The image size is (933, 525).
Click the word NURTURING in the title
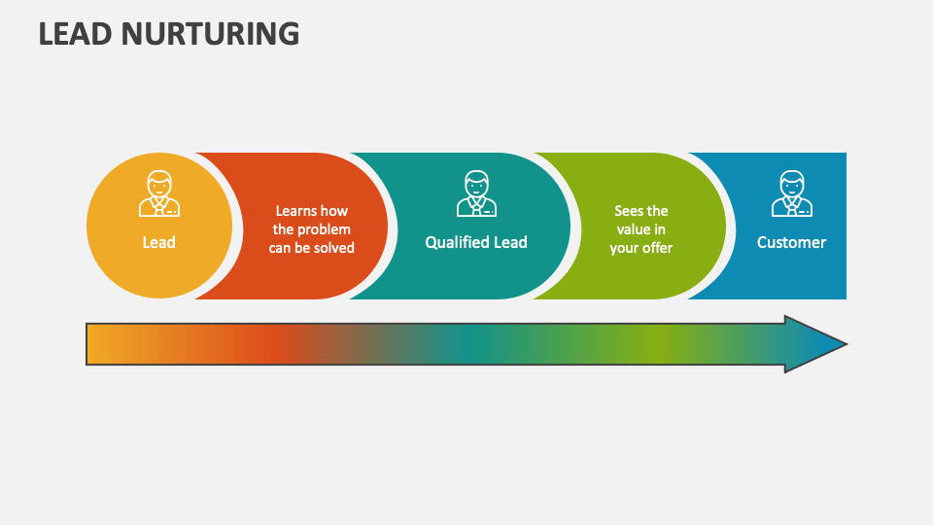coord(215,34)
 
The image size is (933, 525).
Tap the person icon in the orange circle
coord(159,193)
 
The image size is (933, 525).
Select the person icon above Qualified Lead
coord(476,193)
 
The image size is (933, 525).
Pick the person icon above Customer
coord(792,193)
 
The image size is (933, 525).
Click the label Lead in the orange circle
coord(159,242)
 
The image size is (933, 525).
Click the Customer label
coord(792,242)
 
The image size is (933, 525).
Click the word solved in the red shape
coord(333,248)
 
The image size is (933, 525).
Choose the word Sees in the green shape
coord(628,211)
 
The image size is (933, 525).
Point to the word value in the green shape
coord(631,229)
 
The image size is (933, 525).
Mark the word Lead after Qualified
coord(510,242)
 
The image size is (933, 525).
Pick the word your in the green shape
coord(625,248)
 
